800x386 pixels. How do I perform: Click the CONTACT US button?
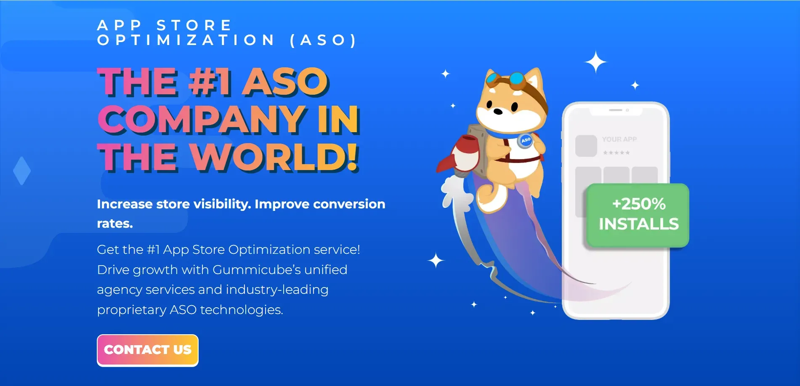pos(148,350)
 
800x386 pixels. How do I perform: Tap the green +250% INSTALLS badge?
pos(638,215)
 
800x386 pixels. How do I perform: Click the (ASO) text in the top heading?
pos(323,40)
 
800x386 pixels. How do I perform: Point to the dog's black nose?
pos(498,111)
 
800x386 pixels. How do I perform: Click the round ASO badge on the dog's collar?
pos(526,140)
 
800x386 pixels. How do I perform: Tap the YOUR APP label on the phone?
pos(619,139)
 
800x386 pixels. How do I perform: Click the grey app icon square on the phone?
pos(586,146)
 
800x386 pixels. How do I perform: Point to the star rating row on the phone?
pos(616,152)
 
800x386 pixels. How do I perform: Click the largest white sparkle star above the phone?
pos(596,62)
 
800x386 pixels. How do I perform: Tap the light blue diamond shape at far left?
pos(22,170)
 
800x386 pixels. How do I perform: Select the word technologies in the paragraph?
pos(242,310)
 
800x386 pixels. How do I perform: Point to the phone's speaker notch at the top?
pos(616,110)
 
